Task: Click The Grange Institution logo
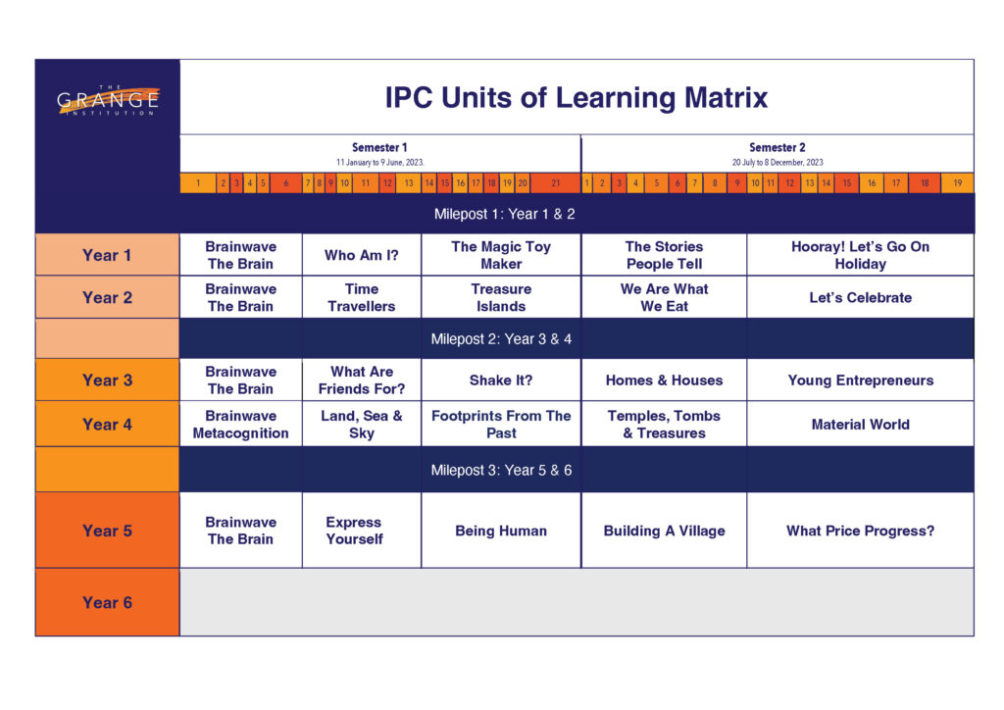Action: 108,100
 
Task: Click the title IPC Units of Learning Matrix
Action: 576,98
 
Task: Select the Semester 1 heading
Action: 379,147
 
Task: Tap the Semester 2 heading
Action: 778,147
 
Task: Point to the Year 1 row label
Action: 107,255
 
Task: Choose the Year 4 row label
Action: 107,424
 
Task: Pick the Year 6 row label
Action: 107,602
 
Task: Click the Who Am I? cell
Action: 362,255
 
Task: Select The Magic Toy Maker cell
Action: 501,255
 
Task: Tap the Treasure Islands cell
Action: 501,297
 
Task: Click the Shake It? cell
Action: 501,380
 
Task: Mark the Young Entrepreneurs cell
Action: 861,380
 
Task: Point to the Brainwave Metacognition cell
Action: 241,424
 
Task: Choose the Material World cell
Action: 861,424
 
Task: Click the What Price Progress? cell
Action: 861,531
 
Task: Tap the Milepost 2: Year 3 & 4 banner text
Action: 501,338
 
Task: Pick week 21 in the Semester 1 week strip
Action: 556,183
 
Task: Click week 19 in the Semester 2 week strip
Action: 957,183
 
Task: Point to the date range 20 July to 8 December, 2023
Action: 778,163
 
